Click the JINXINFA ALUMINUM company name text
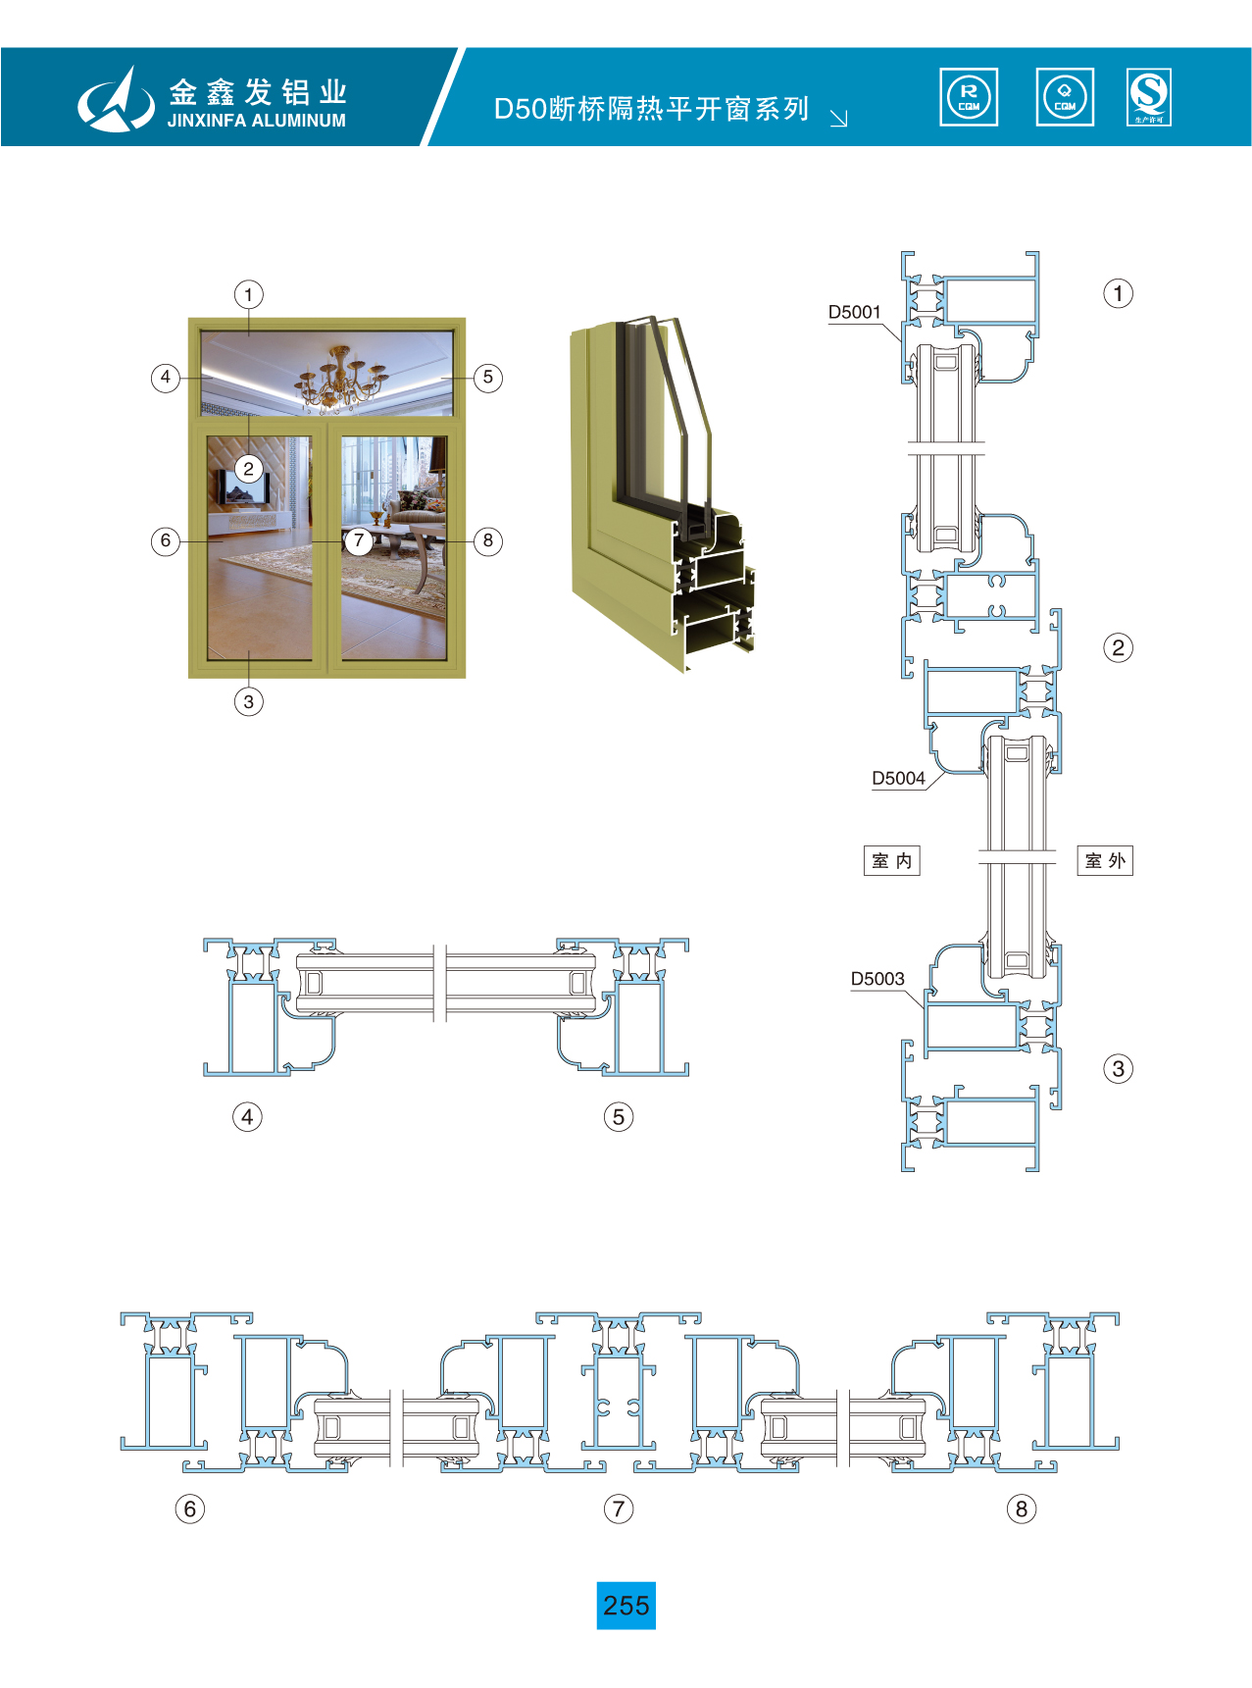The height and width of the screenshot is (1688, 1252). coord(256,121)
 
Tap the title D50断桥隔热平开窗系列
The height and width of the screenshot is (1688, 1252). coord(651,108)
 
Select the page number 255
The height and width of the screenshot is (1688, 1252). coord(626,1606)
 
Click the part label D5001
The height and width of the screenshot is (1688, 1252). coord(854,312)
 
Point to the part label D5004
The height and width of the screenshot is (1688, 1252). coord(898,778)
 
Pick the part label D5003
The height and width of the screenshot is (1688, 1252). coord(877,978)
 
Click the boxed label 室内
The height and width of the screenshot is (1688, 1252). coord(891,861)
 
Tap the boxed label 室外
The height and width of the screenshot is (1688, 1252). coord(1105,861)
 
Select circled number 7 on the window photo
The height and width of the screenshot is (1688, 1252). coord(359,540)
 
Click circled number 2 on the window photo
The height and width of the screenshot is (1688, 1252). coord(249,469)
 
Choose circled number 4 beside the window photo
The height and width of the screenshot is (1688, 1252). coord(165,378)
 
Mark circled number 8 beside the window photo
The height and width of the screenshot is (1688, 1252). coord(488,540)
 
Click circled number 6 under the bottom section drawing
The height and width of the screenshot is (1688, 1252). coord(190,1509)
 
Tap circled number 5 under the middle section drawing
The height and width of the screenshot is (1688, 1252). coord(619,1116)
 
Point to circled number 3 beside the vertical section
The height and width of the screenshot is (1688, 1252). coord(1118,1069)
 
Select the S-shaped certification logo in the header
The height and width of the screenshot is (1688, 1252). coord(1149,97)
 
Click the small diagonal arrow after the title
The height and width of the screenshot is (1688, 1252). coord(838,118)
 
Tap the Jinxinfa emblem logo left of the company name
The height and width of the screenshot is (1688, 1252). coord(116,100)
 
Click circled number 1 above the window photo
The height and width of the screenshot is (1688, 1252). coord(249,294)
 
